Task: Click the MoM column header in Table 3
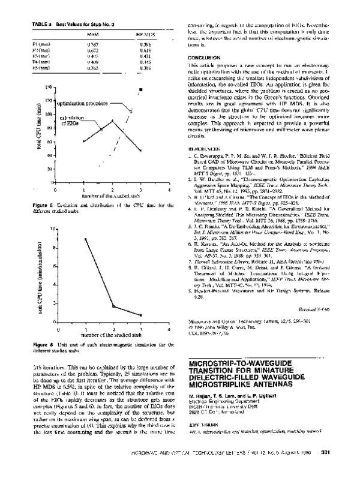tap(94, 35)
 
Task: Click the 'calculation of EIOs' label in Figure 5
tap(71, 121)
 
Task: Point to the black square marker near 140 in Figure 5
tap(140, 90)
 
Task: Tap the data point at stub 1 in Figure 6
tap(86, 239)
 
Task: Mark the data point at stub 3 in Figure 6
tap(140, 315)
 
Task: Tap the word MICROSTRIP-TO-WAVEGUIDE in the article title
tap(235, 363)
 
